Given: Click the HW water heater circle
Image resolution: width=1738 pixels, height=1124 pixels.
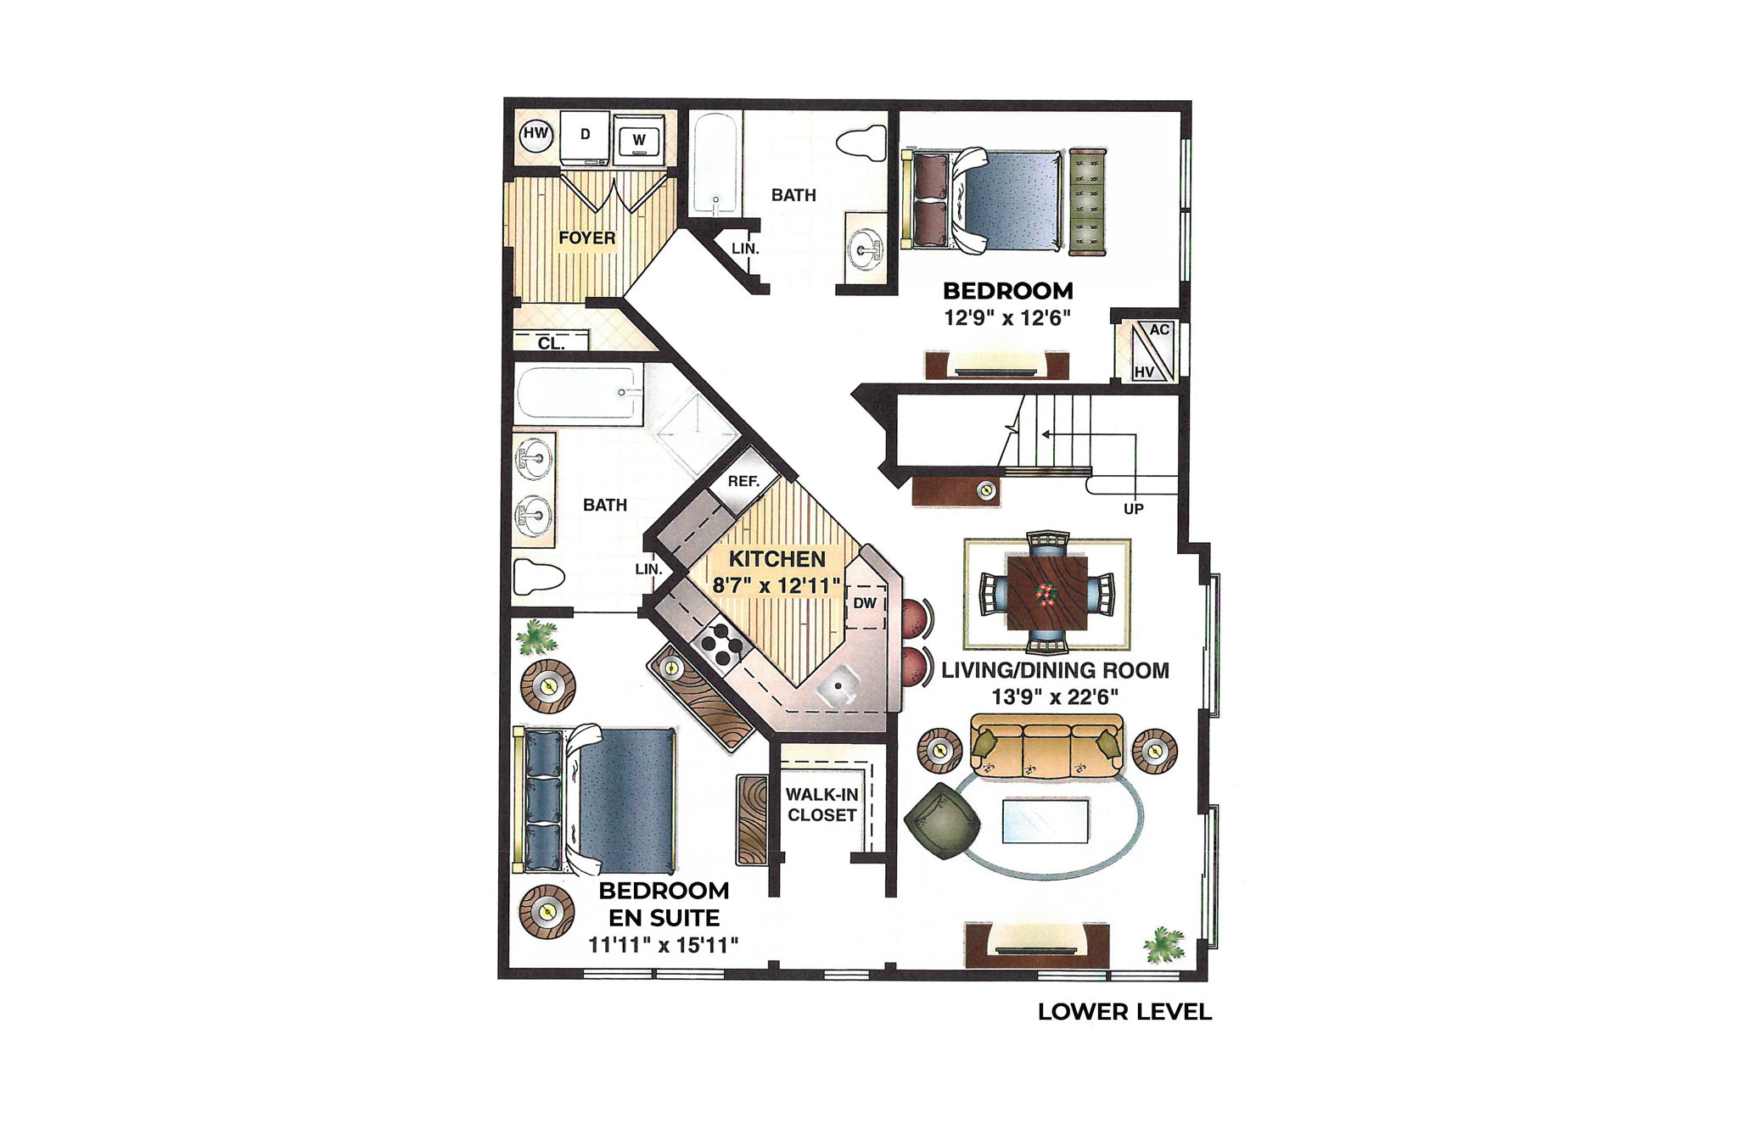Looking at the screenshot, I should point(535,134).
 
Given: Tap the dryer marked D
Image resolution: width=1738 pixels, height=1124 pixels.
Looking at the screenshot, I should point(585,137).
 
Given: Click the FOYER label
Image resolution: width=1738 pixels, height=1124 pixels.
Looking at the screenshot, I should point(586,238).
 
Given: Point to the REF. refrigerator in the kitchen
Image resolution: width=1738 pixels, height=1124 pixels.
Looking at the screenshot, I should point(743,482).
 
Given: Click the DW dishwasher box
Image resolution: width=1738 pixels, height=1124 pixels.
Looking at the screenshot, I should point(865,604).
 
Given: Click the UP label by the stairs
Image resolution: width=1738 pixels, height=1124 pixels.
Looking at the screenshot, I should point(1134,509).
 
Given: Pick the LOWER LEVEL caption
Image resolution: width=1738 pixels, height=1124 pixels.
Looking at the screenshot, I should point(1124,1012).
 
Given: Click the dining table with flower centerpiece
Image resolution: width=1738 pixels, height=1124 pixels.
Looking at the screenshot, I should point(1046,592).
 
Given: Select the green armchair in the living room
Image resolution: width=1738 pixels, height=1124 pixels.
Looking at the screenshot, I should point(942,820).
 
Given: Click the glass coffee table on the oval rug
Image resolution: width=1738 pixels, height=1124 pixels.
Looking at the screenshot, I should point(1045,820).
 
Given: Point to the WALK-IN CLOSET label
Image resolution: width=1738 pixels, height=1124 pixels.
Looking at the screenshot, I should point(821,805).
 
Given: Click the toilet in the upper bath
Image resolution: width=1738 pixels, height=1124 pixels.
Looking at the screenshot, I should point(862,144).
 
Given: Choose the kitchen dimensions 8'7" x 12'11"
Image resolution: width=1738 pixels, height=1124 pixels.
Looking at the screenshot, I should point(776,585).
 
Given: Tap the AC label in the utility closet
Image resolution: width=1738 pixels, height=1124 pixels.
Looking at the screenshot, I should point(1159,330).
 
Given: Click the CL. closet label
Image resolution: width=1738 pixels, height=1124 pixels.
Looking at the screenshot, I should point(551,344).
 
